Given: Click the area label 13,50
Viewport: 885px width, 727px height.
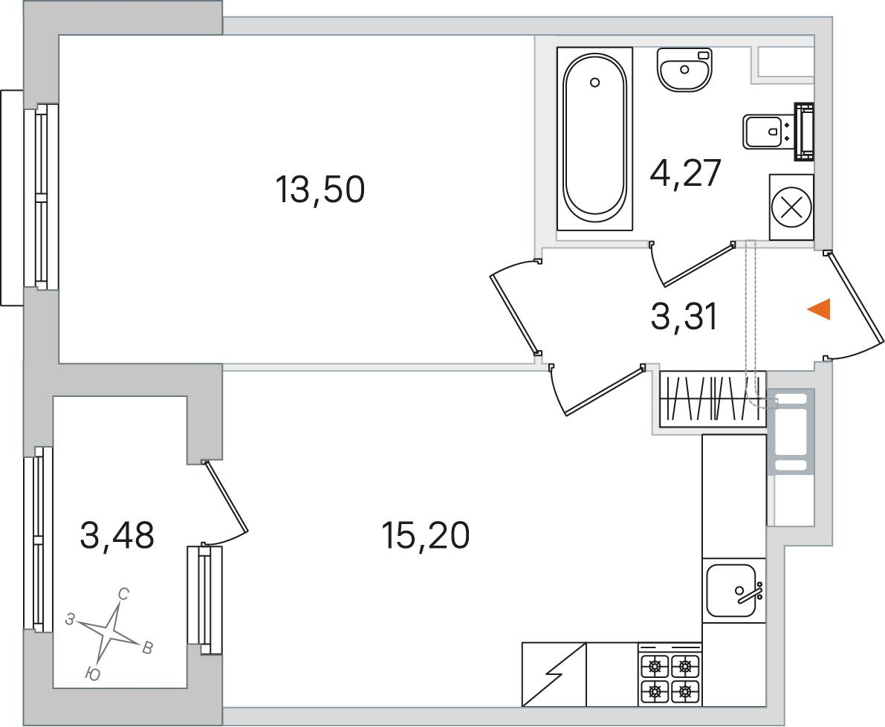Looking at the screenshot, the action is (320, 189).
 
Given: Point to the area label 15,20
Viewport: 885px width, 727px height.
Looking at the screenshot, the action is (425, 535).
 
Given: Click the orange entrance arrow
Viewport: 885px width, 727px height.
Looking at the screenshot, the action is (819, 309).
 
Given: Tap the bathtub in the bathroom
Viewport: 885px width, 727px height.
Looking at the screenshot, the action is (595, 139).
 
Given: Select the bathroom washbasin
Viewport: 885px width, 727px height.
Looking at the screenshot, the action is (684, 69).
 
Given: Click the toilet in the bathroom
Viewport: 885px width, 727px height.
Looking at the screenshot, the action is (778, 132).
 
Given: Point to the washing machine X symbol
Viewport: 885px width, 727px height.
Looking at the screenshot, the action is (791, 207).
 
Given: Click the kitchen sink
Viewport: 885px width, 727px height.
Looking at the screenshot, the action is (731, 590).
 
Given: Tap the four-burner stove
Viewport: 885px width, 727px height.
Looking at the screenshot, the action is (670, 674).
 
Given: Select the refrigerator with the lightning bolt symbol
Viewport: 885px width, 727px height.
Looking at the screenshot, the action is (554, 674).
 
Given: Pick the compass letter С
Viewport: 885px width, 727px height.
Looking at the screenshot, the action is (123, 594).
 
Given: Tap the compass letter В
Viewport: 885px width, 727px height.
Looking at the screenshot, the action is (146, 647).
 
